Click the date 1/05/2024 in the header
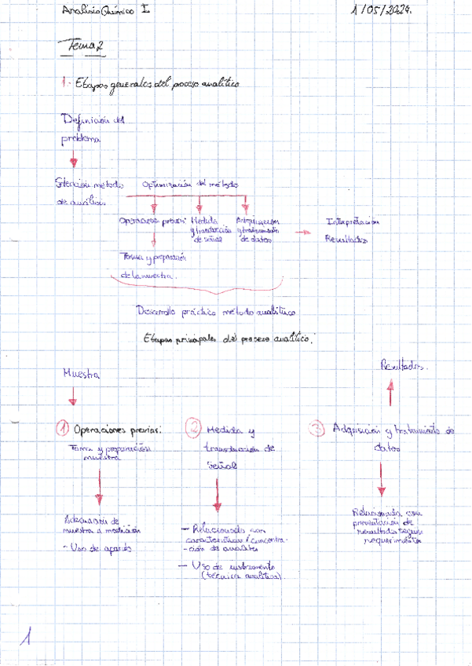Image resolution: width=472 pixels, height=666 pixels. click(x=385, y=10)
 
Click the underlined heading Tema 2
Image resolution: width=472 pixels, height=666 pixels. click(x=86, y=49)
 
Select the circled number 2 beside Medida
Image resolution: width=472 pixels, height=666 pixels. click(x=194, y=429)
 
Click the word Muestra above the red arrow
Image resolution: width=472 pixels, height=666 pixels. click(x=81, y=375)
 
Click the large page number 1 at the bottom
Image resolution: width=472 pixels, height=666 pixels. click(x=28, y=638)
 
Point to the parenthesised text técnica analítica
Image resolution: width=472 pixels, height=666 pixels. click(x=242, y=577)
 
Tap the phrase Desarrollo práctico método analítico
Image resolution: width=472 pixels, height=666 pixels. click(x=214, y=312)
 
